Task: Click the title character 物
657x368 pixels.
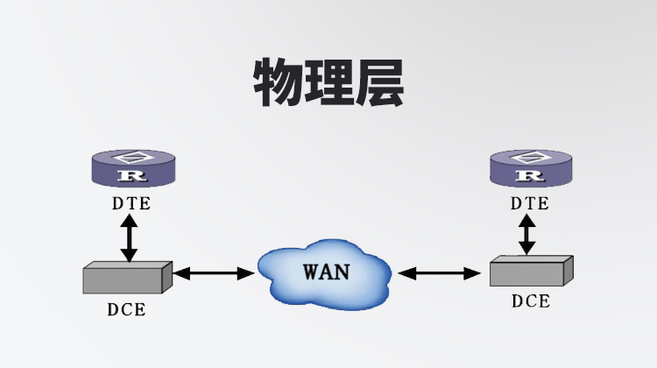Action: pyautogui.click(x=279, y=84)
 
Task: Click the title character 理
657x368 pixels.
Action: pyautogui.click(x=328, y=84)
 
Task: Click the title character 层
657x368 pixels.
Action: pyautogui.click(x=378, y=84)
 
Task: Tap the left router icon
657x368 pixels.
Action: pyautogui.click(x=131, y=168)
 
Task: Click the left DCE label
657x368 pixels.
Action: pyautogui.click(x=126, y=309)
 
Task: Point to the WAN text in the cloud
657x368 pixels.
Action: pyautogui.click(x=326, y=271)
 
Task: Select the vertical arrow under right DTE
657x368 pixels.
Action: pyautogui.click(x=527, y=234)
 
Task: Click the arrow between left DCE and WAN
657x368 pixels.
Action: pyautogui.click(x=214, y=274)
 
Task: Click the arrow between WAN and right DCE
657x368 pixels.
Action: pyautogui.click(x=440, y=274)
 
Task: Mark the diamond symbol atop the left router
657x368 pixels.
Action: pyautogui.click(x=131, y=158)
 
